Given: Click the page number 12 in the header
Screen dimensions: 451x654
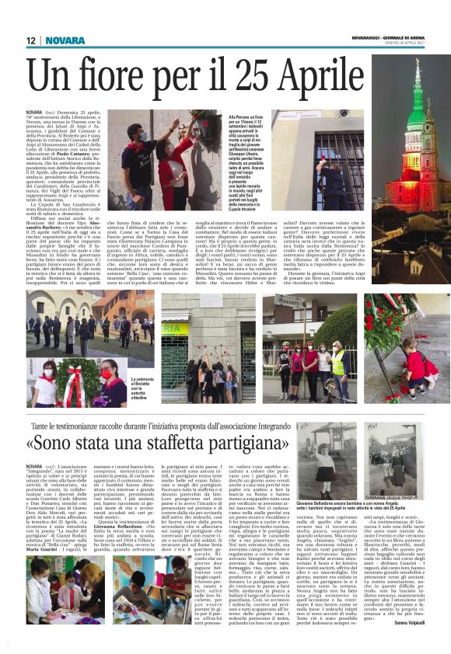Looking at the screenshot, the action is coord(32,40).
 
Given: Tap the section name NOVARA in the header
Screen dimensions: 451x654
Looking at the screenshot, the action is coord(65,40).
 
